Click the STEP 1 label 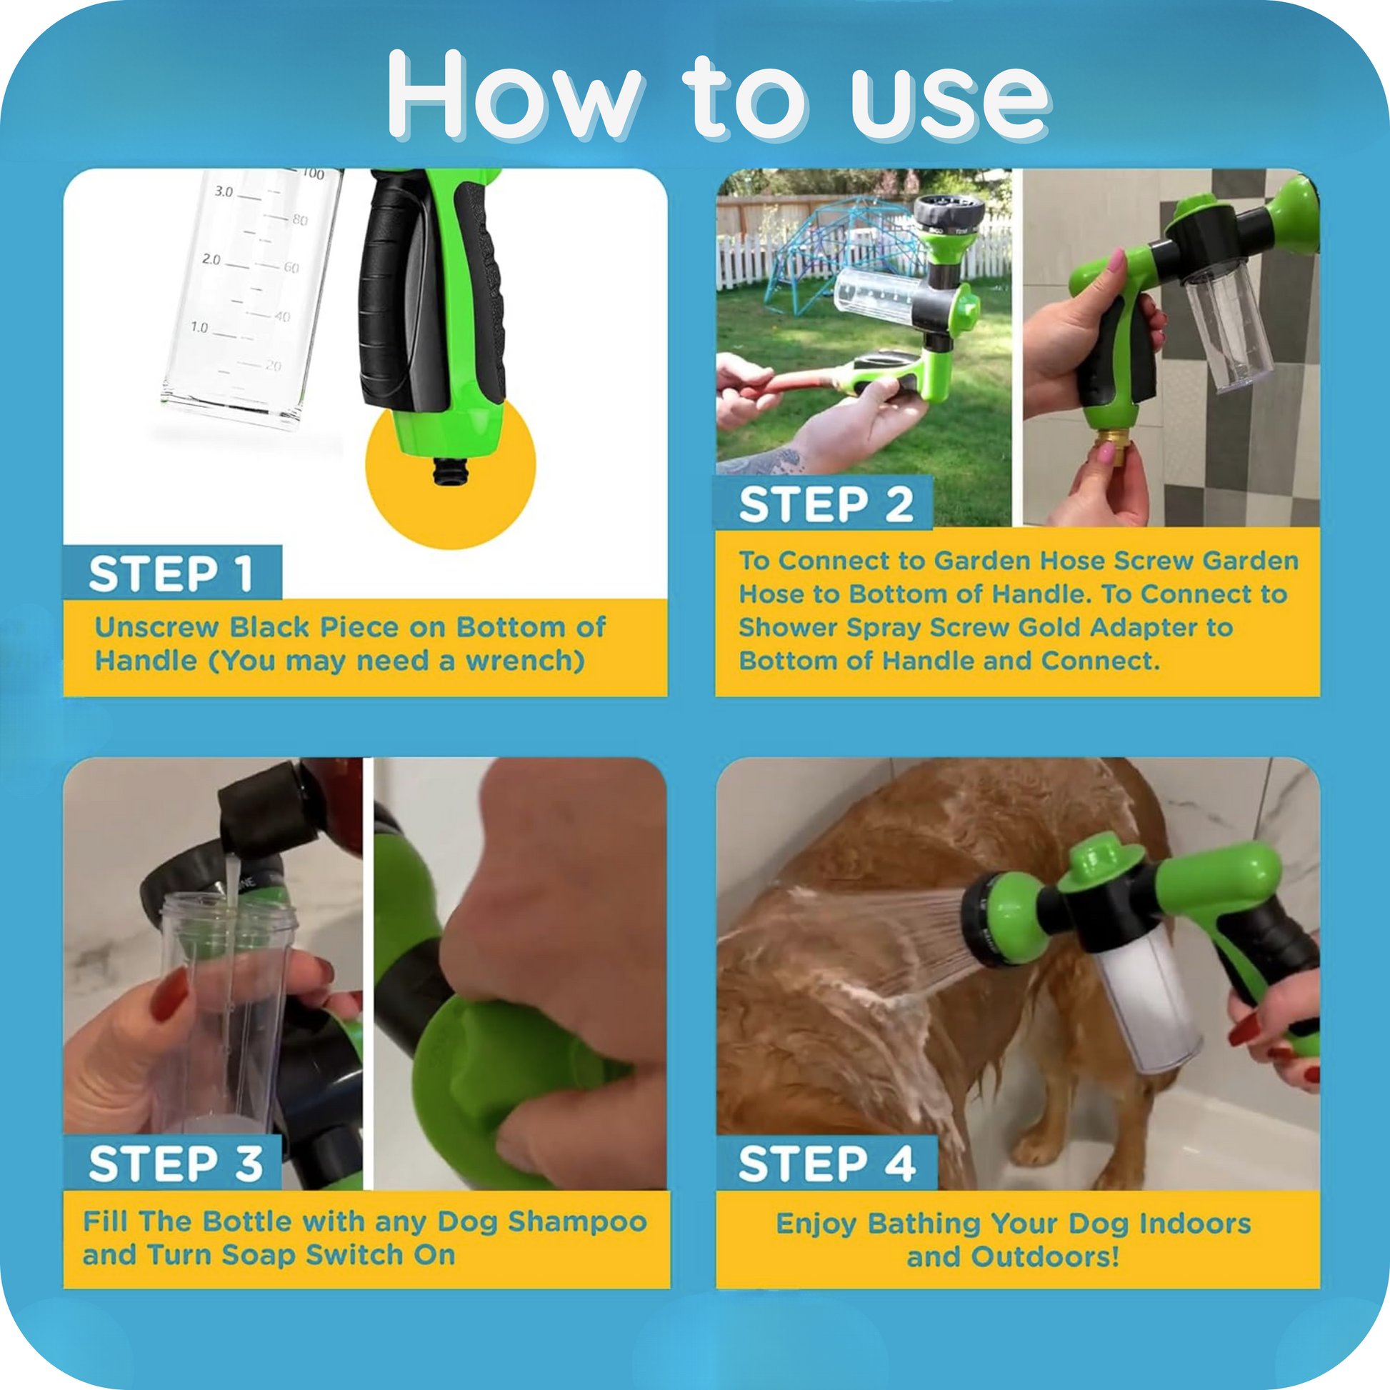pos(171,574)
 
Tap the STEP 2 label pos(826,504)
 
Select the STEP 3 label pos(176,1164)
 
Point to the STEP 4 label pos(826,1164)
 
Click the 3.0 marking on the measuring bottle pos(224,191)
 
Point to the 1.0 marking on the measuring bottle pos(199,327)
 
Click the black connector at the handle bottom pos(451,471)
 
